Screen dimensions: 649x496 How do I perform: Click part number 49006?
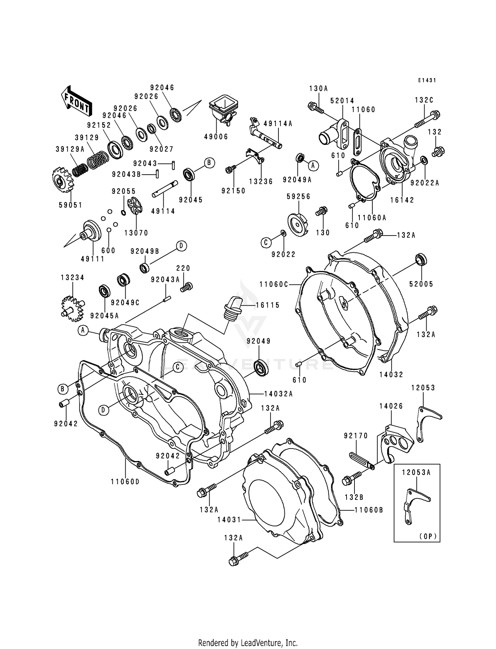[216, 137]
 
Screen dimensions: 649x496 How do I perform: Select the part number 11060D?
[125, 482]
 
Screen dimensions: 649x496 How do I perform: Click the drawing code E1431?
[427, 80]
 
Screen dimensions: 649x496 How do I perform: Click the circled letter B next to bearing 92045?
[209, 163]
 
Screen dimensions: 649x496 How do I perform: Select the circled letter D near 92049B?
[181, 246]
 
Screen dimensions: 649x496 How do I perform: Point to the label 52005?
[421, 284]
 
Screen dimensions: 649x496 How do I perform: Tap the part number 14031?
[229, 520]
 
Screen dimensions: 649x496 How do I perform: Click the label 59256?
[298, 196]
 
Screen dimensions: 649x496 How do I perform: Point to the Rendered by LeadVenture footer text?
[248, 643]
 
